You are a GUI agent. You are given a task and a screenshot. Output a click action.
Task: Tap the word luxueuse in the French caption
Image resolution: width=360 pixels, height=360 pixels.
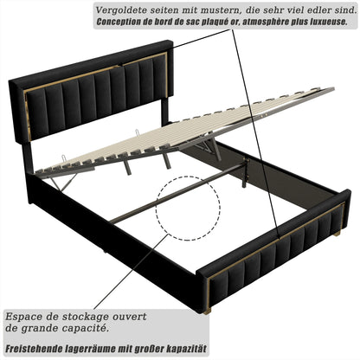[x=320, y=22]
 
